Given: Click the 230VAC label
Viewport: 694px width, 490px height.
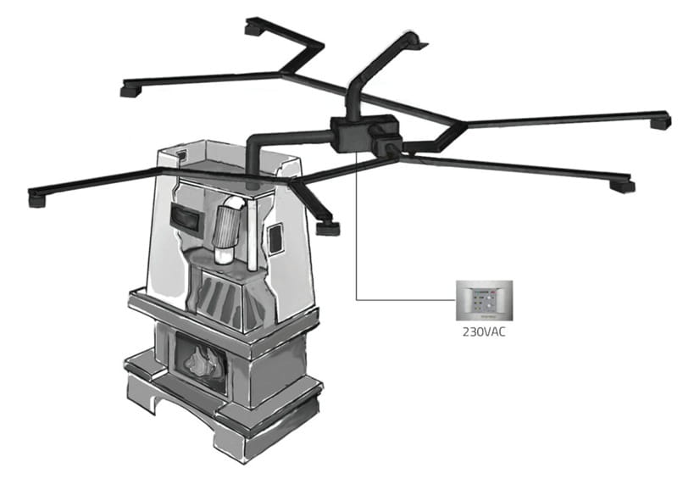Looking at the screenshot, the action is tap(484, 332).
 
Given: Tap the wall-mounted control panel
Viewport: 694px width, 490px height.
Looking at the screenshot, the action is tap(485, 300).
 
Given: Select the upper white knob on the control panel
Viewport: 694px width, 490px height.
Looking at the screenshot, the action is tap(489, 299).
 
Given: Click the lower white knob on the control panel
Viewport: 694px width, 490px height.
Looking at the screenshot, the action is tap(489, 307).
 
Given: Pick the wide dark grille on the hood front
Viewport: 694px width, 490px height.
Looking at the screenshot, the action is tap(186, 219).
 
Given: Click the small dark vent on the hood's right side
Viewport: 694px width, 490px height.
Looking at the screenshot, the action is tap(275, 239).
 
